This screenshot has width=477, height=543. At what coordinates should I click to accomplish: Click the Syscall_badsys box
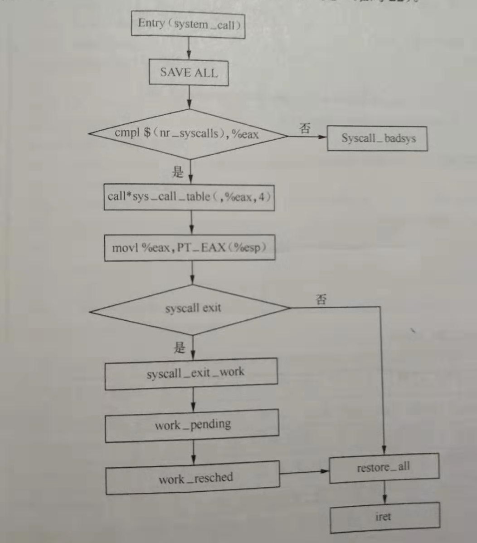pyautogui.click(x=378, y=138)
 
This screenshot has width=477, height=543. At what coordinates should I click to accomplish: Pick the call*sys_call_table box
pyautogui.click(x=190, y=197)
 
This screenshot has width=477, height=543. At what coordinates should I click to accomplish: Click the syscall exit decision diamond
pyautogui.click(x=191, y=309)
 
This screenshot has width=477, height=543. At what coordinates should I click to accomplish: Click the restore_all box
pyautogui.click(x=384, y=467)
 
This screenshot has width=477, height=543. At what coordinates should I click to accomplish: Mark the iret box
pyautogui.click(x=384, y=517)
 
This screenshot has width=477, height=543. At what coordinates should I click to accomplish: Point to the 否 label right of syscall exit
pyautogui.click(x=321, y=300)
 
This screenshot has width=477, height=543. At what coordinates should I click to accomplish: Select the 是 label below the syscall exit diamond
pyautogui.click(x=180, y=348)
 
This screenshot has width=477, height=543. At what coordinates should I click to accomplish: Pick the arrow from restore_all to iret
pyautogui.click(x=384, y=492)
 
